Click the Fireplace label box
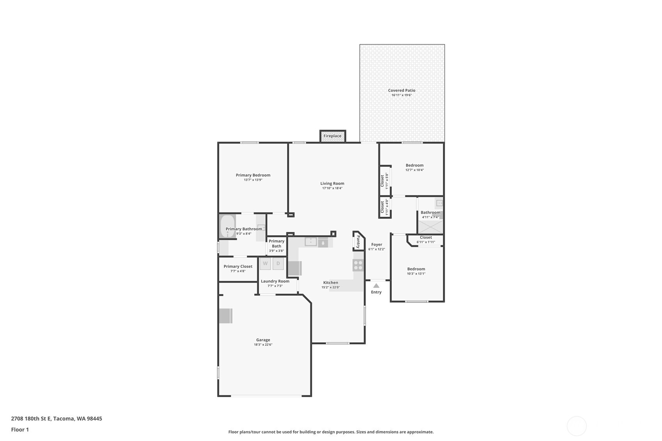pos(332,136)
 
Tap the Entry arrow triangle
pos(376,286)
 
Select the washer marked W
pos(265,264)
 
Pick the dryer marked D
pos(278,264)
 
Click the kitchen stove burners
pos(358,265)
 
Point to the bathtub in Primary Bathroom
pos(227,226)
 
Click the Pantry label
pos(358,242)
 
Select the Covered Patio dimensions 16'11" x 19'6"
pos(402,95)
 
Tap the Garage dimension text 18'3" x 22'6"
pos(263,344)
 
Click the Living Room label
pos(332,183)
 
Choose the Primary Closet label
pos(238,266)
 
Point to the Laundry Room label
pos(275,281)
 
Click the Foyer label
pos(377,244)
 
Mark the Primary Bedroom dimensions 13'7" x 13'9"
pos(253,180)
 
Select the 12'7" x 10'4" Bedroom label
pos(415,165)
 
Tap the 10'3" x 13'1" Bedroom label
pos(416,269)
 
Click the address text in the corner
pos(57,418)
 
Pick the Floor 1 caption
pos(20,429)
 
